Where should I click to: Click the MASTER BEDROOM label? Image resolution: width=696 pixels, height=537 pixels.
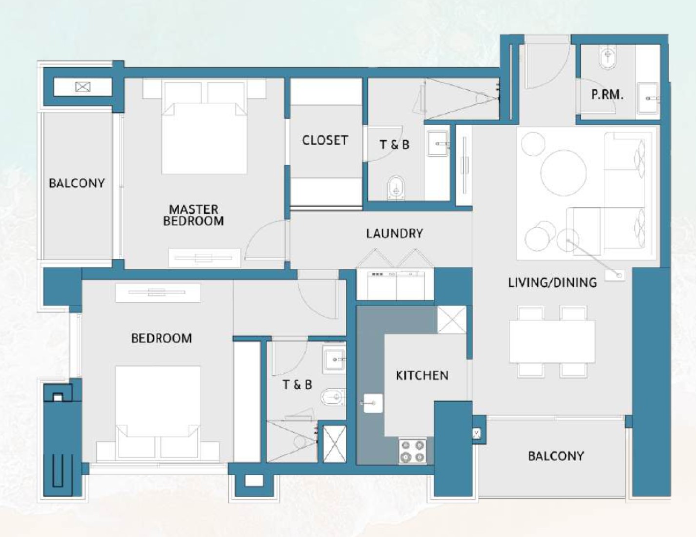pos(194,215)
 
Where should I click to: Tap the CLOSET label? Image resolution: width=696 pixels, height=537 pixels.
pos(325,141)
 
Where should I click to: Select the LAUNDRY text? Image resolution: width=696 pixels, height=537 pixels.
pos(395,233)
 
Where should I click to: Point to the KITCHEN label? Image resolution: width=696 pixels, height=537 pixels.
pos(422,375)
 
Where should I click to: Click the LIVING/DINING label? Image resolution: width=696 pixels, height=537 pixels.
pos(553,283)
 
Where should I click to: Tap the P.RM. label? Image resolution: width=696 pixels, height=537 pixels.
pos(607,95)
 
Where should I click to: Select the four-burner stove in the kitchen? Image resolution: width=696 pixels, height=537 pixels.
pos(413,452)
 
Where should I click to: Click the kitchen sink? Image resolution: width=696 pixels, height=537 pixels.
pos(373,403)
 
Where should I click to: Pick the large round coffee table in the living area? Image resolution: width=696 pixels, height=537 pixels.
pos(564,172)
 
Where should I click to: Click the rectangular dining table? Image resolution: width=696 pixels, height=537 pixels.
pos(552,341)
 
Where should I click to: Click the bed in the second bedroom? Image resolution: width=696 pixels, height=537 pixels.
pos(158,413)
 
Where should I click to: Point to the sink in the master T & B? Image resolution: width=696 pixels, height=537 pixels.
pos(438,144)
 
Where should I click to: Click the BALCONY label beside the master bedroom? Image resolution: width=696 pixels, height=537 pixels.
pos(77,184)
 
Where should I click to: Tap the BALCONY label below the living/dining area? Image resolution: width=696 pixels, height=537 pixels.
pos(556,456)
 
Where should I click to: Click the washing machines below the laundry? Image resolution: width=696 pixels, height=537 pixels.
pos(396,285)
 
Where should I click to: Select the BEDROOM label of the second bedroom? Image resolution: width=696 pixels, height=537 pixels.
pos(161,338)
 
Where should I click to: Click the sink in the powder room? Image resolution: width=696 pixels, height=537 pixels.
pos(648,98)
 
